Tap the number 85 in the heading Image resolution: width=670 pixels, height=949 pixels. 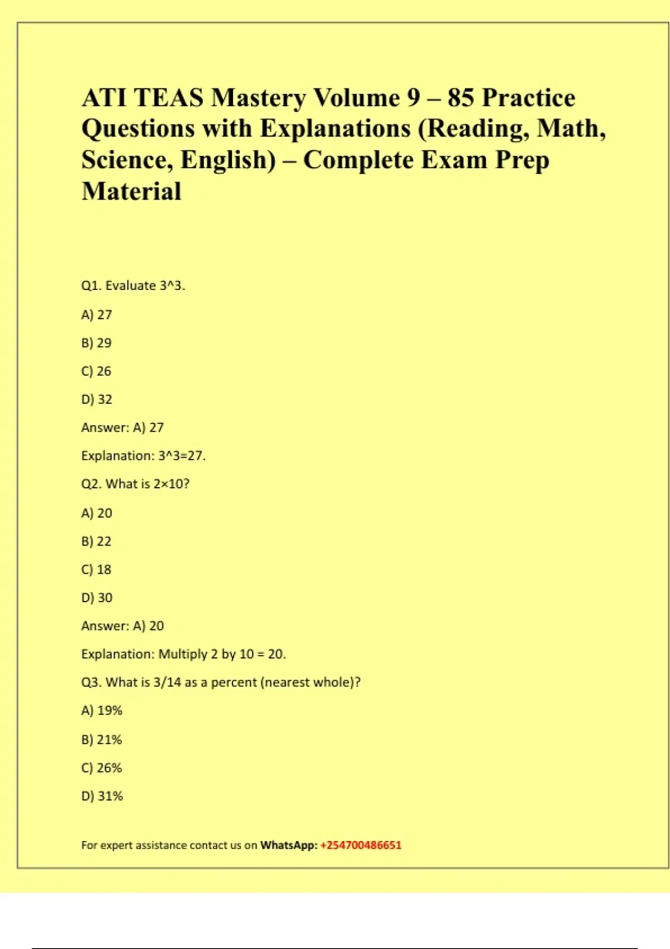[461, 98]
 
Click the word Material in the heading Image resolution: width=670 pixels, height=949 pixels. [131, 191]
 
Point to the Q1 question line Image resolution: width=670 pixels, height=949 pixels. [133, 286]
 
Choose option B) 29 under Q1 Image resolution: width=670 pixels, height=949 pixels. [96, 343]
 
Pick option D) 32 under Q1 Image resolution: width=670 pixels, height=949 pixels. [97, 399]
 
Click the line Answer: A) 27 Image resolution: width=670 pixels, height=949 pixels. [122, 428]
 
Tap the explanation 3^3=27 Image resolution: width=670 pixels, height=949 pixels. [143, 456]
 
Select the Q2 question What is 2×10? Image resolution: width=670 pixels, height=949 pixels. [135, 484]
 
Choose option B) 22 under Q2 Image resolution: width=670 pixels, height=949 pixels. [96, 541]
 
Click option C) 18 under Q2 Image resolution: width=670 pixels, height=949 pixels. [96, 569]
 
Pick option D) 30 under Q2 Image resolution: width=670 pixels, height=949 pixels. [97, 598]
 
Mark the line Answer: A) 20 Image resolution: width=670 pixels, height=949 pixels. [122, 626]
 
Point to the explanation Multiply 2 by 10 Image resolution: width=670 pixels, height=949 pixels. [183, 654]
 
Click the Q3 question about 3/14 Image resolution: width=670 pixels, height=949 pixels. [221, 682]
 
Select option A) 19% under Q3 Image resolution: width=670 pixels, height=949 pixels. [102, 711]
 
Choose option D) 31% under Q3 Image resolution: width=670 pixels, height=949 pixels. [102, 796]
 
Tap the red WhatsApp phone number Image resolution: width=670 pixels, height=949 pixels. [361, 845]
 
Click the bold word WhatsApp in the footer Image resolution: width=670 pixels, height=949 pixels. [288, 845]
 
